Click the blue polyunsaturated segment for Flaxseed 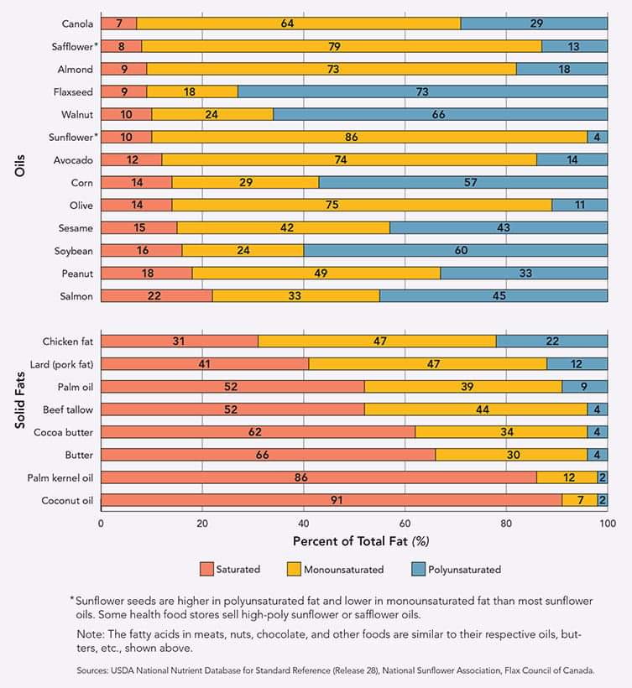point(423,91)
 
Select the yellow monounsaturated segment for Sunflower point(369,137)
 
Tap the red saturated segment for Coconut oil point(332,500)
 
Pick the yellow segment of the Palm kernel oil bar point(567,477)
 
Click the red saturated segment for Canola point(118,23)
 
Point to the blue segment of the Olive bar point(580,205)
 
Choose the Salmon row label point(76,296)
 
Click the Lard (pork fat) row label point(61,364)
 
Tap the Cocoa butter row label point(63,432)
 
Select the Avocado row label point(73,160)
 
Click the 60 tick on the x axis point(405,524)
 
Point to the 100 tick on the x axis point(608,524)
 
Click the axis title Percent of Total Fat point(350,541)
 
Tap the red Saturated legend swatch point(206,569)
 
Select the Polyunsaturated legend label point(464,570)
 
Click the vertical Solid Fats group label point(20,399)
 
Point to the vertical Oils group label point(20,165)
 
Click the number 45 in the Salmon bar point(499,295)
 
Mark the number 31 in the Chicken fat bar point(179,341)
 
